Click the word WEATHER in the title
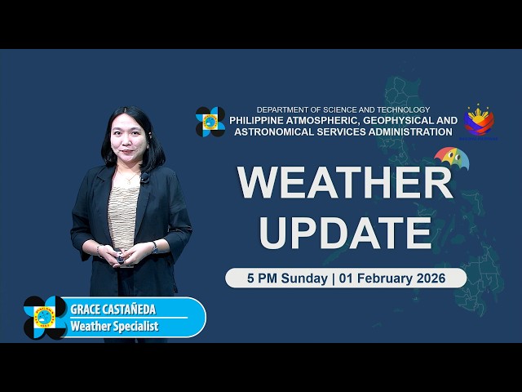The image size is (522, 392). click(345, 183)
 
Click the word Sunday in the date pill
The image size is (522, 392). click(303, 278)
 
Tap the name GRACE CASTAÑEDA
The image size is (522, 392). click(112, 310)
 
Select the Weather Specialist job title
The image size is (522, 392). click(115, 327)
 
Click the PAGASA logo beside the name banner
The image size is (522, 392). click(45, 318)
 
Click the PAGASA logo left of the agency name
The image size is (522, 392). click(210, 122)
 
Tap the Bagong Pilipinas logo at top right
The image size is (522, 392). click(479, 121)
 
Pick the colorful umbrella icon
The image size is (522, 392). click(451, 158)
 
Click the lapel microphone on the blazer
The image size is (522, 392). click(144, 176)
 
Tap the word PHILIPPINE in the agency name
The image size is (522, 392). click(259, 120)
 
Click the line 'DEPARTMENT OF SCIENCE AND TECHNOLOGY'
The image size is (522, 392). click(343, 109)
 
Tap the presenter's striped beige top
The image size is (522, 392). click(123, 212)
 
